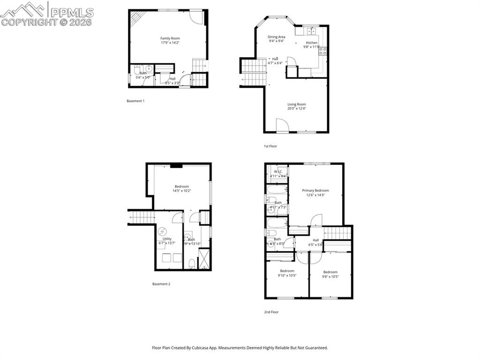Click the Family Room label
(170, 38)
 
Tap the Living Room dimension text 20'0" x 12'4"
(296, 108)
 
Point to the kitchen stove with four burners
(322, 51)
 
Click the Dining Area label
(276, 37)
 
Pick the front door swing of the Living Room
(282, 126)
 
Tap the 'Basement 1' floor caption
(135, 101)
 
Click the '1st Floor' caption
(270, 146)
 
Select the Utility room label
(167, 239)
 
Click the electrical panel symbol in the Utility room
(162, 231)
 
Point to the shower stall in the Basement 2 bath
(204, 259)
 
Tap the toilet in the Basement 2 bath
(191, 264)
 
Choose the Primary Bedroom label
(315, 190)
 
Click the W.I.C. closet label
(278, 172)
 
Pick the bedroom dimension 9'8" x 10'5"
(330, 277)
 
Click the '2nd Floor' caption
(271, 312)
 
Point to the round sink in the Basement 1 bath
(149, 69)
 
